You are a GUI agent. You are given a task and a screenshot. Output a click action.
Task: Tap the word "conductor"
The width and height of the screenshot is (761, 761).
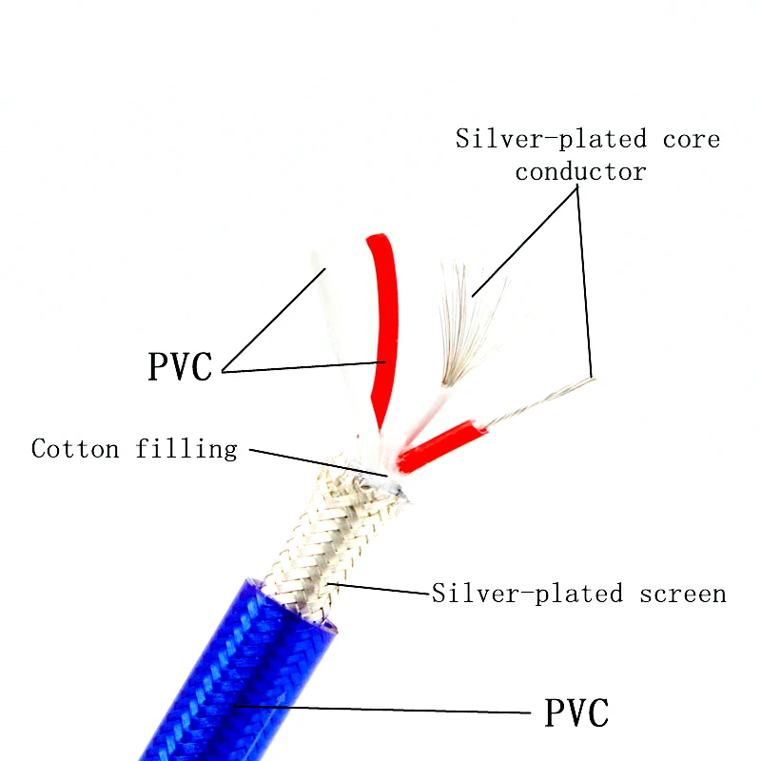point(580,172)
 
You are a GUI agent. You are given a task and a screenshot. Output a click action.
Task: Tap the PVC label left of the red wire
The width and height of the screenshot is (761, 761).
point(181,367)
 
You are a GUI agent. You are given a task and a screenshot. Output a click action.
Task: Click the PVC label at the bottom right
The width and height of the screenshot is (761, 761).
point(576,712)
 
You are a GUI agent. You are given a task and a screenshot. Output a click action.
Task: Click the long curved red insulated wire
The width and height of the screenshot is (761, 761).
point(385,314)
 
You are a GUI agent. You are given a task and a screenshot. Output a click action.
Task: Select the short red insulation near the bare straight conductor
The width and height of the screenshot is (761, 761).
point(443,445)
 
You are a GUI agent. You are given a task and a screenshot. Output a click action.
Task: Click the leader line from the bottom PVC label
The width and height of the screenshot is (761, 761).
point(380,710)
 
